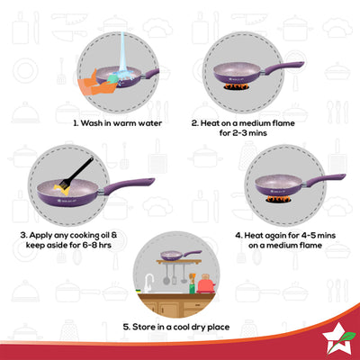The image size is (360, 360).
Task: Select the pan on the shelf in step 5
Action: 172,255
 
